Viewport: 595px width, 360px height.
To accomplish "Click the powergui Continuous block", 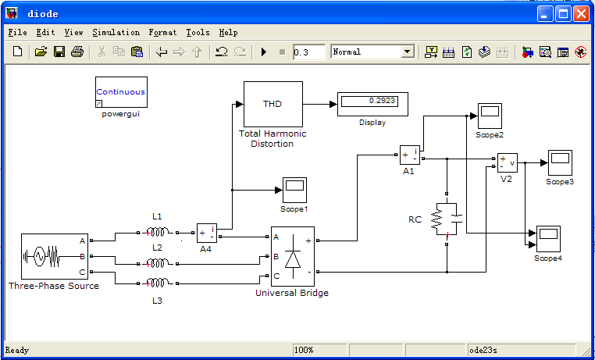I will (x=121, y=92).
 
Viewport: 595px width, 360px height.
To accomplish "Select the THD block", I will (x=273, y=104).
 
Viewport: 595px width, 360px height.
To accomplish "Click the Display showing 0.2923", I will (x=372, y=103).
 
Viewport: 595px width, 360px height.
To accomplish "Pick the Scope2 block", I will (x=489, y=116).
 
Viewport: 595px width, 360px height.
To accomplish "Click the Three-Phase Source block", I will (x=54, y=256).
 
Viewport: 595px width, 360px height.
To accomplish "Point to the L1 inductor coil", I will (x=159, y=232).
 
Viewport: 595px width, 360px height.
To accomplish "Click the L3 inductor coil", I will (x=159, y=283).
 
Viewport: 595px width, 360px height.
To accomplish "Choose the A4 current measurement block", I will (x=206, y=232).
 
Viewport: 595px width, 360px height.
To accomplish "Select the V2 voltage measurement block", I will (x=507, y=163).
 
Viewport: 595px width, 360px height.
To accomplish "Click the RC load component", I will (x=447, y=219).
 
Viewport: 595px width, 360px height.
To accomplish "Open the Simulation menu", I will (x=116, y=33).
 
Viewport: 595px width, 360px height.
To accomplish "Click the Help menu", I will (x=228, y=33).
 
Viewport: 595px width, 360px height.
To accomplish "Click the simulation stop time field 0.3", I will (x=309, y=52).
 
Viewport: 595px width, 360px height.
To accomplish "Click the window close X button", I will (x=581, y=13).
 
